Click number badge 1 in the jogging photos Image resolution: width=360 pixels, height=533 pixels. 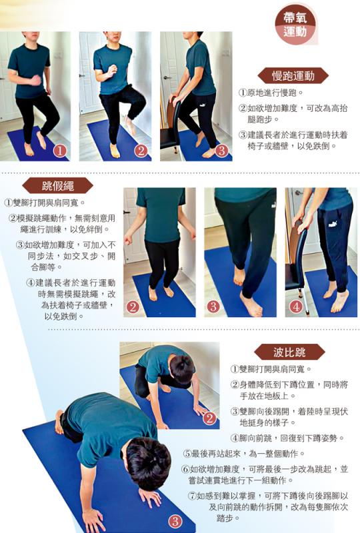pos(60,151)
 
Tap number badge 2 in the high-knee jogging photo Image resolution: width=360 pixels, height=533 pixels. pos(141,151)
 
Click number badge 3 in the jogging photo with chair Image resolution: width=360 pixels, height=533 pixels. pos(222,151)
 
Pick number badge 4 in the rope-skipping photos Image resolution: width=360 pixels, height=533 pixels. pos(295,307)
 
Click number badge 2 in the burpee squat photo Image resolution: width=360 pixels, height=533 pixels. pos(209,418)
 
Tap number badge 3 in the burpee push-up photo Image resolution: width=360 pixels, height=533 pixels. pos(175,521)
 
